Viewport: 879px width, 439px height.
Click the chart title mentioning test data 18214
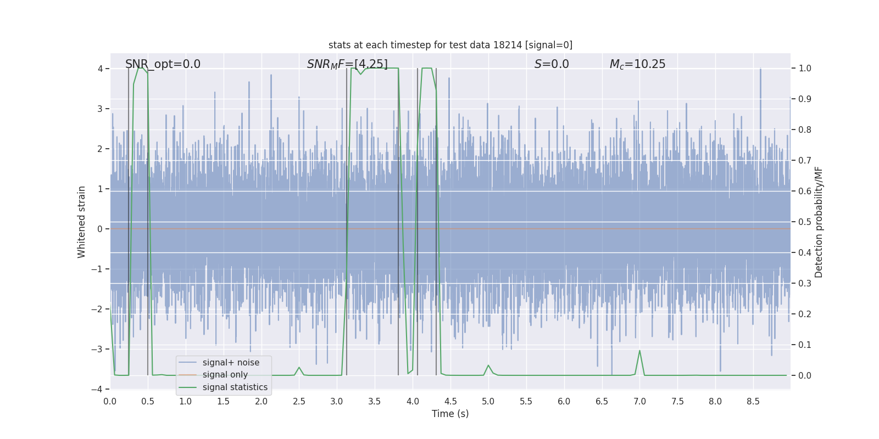coord(450,45)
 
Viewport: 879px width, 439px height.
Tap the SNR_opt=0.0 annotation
coord(163,64)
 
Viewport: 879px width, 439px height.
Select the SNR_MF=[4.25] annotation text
coord(347,64)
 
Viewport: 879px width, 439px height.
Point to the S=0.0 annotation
coord(552,64)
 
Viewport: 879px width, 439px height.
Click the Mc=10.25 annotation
coord(637,64)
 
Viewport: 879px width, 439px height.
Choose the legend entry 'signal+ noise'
coord(231,363)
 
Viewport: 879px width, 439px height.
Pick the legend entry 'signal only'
coord(225,375)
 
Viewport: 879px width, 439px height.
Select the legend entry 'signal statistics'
coord(235,387)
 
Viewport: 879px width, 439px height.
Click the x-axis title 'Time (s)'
coord(450,414)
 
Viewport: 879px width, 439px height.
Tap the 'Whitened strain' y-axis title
coord(82,222)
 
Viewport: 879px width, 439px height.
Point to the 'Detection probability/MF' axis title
coord(819,222)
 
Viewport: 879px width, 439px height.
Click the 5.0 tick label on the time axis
coord(488,402)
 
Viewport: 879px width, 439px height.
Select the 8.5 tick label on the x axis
coord(753,402)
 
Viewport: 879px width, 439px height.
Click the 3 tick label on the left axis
coord(100,109)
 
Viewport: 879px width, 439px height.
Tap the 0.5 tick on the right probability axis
coord(805,222)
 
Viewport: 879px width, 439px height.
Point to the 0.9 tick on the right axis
coord(805,99)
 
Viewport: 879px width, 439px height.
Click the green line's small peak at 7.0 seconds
coord(639,351)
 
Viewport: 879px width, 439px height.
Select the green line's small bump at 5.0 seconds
coord(488,365)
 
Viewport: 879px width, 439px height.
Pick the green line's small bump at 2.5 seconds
coord(299,368)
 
